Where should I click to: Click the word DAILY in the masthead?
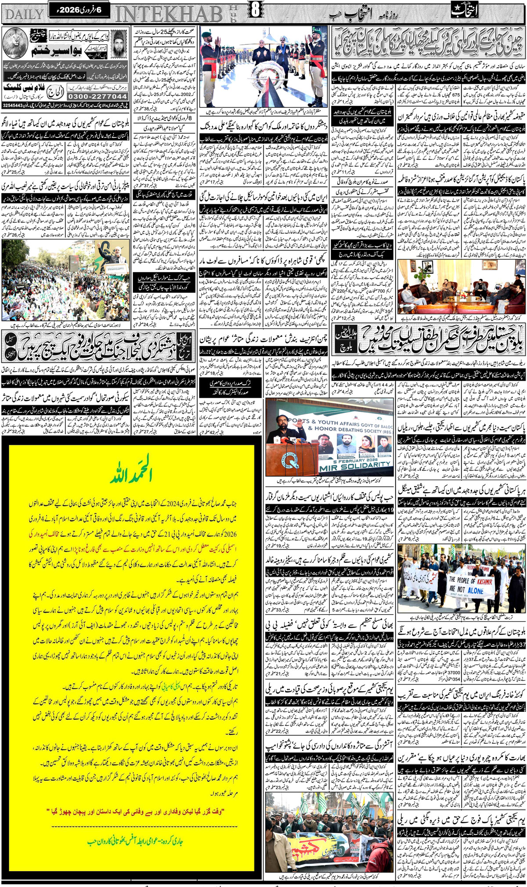point(25,14)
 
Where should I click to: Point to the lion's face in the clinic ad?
point(14,43)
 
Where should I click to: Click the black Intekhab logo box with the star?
point(464,11)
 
